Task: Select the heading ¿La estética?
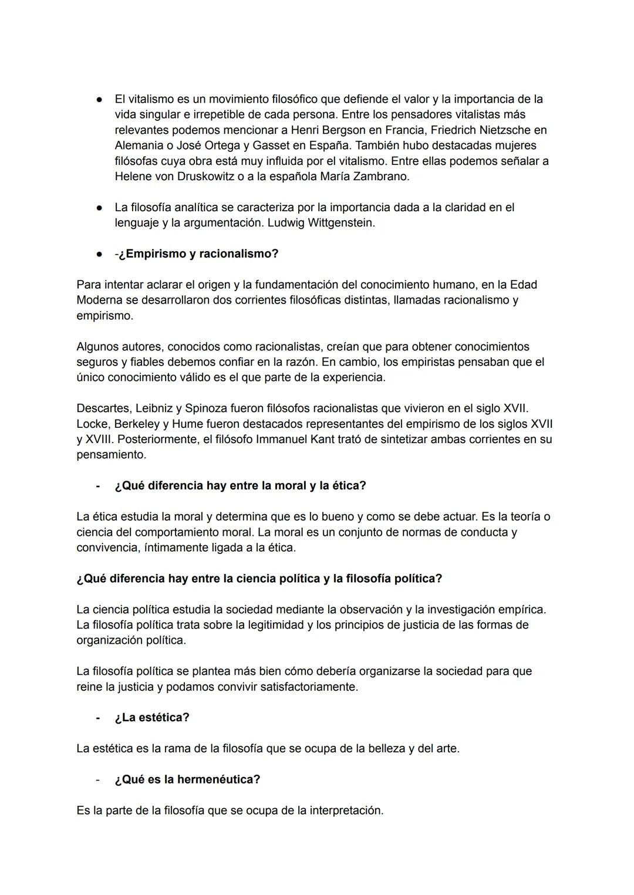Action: (152, 717)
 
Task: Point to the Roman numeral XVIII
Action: (97, 439)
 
